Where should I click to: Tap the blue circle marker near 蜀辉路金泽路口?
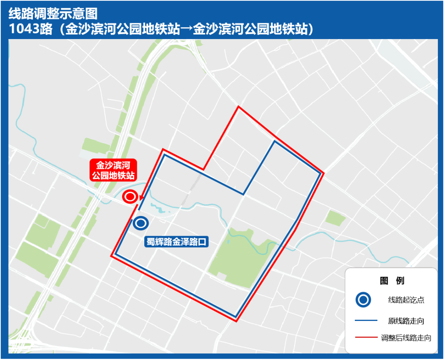point(141,223)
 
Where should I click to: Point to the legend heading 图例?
point(392,281)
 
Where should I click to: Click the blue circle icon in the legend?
point(363,300)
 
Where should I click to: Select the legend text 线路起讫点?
point(406,300)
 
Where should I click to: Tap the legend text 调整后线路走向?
point(406,338)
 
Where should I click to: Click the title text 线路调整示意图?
point(53,14)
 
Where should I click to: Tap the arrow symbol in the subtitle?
point(187,29)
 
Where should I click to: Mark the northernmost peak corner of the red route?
point(238,107)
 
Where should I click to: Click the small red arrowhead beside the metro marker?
point(141,197)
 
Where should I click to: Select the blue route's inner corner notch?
point(243,194)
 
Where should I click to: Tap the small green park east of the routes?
point(335,218)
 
